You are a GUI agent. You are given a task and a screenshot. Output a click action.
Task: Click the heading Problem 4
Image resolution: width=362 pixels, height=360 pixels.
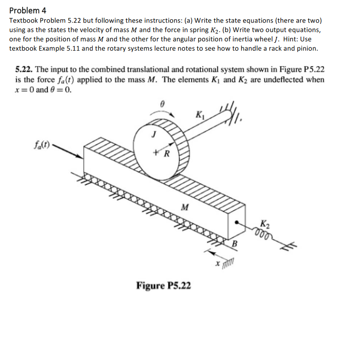[x=28, y=10]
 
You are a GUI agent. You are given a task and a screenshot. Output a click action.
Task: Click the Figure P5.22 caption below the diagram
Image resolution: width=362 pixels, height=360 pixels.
[x=163, y=285]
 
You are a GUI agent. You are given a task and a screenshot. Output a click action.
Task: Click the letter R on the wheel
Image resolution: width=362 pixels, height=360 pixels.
[x=167, y=154]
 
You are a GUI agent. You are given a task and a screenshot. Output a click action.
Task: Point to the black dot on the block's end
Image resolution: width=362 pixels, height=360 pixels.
[x=237, y=221]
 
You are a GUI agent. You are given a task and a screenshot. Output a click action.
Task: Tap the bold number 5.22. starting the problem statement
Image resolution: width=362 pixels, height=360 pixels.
[x=24, y=70]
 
